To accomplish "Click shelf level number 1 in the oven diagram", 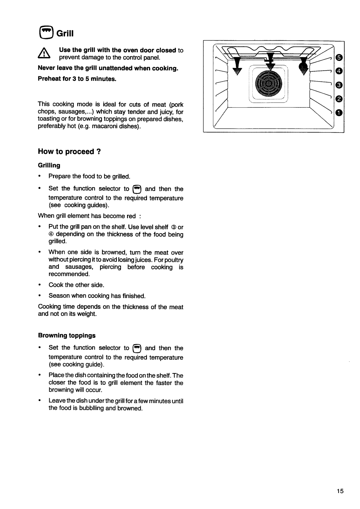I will pos(339,113).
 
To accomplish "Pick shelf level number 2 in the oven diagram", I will pos(339,99).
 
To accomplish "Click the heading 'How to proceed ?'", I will pos(70,152).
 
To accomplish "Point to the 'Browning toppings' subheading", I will pos(67,335).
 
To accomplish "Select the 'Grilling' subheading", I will pos(49,165).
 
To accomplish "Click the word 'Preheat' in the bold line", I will pos(49,79).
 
